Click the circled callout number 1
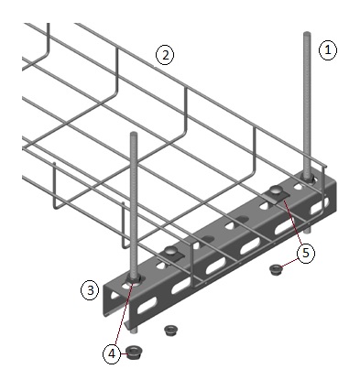[x=328, y=50]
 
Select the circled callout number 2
[x=165, y=55]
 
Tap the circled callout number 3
[x=90, y=290]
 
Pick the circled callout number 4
[x=112, y=354]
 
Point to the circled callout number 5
[x=306, y=253]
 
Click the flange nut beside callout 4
[x=133, y=353]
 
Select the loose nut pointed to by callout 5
[x=276, y=270]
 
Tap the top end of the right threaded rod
[x=307, y=33]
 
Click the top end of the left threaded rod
[x=134, y=134]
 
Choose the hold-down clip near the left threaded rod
[x=171, y=253]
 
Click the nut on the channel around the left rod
[x=134, y=279]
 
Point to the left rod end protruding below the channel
[x=135, y=331]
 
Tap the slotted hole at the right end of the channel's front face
[x=320, y=207]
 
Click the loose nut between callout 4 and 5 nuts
[x=170, y=330]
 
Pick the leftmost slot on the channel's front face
[x=146, y=307]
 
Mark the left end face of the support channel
[x=113, y=300]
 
